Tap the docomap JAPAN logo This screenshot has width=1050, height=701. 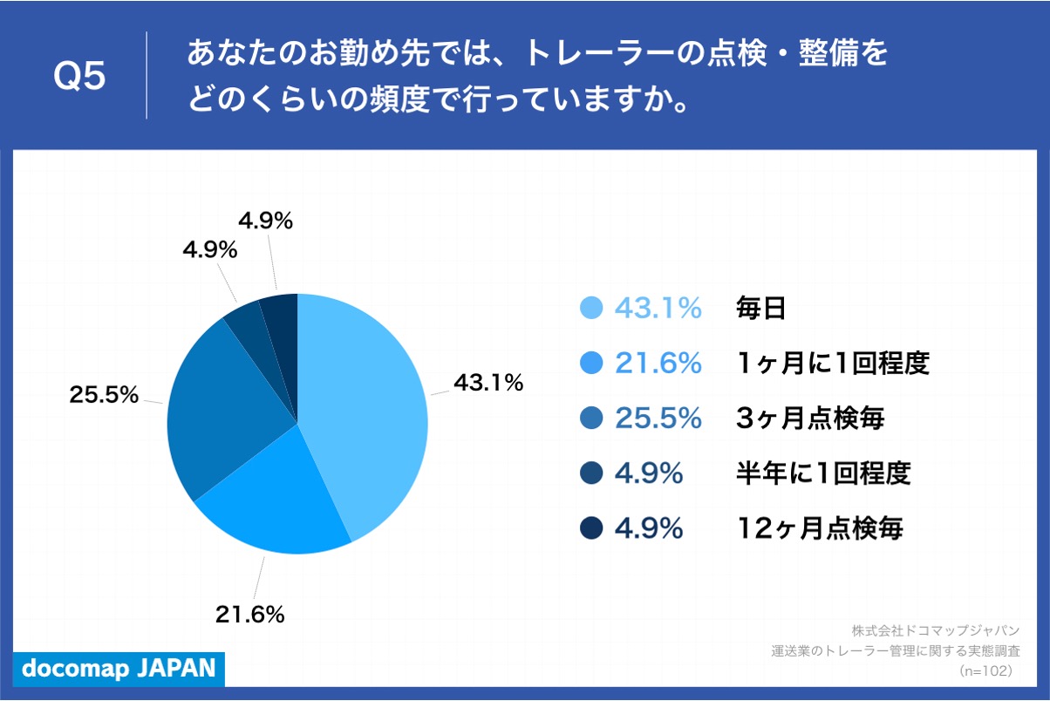click(x=118, y=669)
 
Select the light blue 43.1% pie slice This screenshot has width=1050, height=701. click(x=366, y=410)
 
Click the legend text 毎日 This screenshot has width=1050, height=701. click(x=761, y=308)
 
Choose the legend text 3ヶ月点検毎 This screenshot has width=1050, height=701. click(x=810, y=419)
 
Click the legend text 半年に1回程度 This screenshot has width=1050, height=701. click(x=823, y=473)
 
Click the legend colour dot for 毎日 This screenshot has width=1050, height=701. click(x=592, y=308)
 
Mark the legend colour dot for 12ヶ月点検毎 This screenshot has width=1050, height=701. click(x=592, y=528)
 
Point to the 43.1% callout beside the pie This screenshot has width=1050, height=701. click(x=487, y=382)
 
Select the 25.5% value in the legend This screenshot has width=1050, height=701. click(x=658, y=419)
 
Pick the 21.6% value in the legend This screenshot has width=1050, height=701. click(x=658, y=363)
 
